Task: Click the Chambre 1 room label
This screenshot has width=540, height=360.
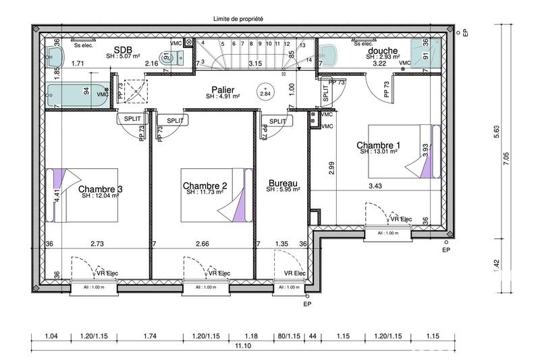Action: (x=379, y=145)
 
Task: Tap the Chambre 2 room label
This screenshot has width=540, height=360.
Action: (x=205, y=186)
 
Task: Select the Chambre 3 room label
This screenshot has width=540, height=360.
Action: (x=101, y=189)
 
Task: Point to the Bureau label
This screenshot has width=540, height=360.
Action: (x=283, y=183)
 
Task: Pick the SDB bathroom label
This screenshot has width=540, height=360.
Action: (x=123, y=50)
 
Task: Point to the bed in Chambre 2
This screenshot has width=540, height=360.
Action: (x=215, y=195)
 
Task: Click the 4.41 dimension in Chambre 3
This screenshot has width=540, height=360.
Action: (x=57, y=196)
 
